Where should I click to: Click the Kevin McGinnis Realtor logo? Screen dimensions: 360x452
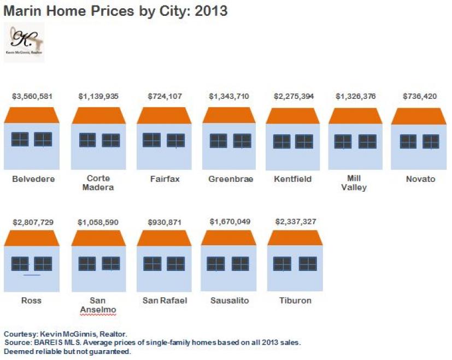pos(24,42)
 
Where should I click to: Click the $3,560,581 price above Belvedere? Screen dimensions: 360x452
pos(32,96)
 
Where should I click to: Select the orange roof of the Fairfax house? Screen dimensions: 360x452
pos(164,115)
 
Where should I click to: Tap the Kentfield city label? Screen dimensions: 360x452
pos(292,179)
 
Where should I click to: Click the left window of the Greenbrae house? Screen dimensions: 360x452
pos(219,141)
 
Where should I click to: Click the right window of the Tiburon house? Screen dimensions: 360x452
pos(308,264)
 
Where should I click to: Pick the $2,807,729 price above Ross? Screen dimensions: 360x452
pos(32,222)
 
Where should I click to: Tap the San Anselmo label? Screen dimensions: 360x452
pos(98,305)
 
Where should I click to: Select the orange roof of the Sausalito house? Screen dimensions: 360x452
pos(228,238)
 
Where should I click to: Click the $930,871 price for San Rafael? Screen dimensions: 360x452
pos(164,222)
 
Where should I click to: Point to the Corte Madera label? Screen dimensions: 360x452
pos(98,183)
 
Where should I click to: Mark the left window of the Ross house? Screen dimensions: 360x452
pos(20,264)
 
